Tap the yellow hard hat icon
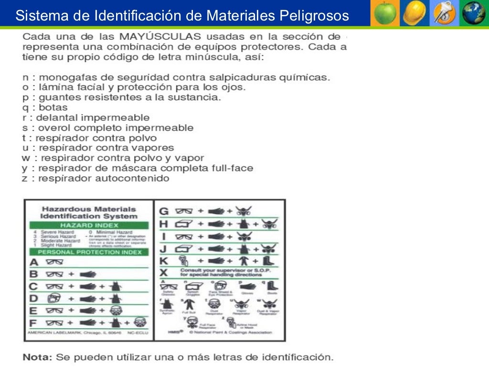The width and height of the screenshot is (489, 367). [x=414, y=13]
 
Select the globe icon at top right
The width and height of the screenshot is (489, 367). [x=473, y=13]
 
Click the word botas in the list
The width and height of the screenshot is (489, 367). [x=53, y=108]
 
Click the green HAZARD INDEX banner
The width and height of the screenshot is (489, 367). [x=89, y=225]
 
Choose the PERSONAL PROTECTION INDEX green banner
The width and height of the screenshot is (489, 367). [x=89, y=252]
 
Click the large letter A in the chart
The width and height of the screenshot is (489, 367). [x=33, y=262]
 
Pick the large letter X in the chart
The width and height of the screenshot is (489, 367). [x=164, y=273]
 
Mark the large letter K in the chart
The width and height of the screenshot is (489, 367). [x=164, y=261]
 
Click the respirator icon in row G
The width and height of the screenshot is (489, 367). [x=244, y=211]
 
